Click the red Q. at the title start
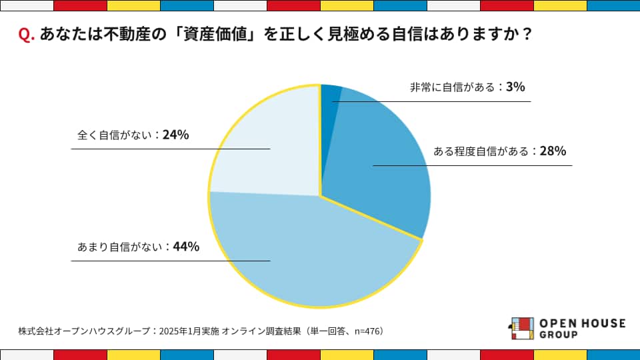(27, 35)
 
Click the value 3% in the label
(515, 87)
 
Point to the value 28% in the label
(553, 151)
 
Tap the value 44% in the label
(186, 247)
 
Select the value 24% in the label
(175, 135)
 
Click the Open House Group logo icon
(521, 329)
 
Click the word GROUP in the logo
(559, 335)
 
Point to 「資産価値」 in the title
(211, 35)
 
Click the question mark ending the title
(526, 35)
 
